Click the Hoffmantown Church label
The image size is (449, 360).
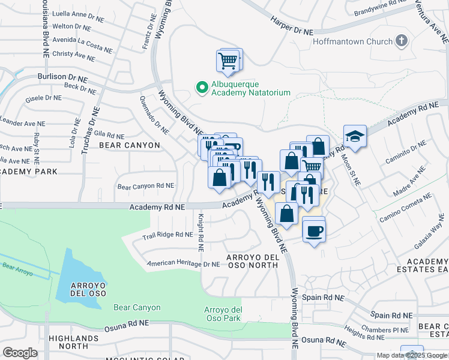click(352, 42)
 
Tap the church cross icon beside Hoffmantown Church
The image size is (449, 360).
click(402, 42)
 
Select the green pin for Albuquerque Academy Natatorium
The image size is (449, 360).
click(202, 88)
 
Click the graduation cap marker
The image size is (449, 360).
click(355, 136)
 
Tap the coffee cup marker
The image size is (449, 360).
click(313, 230)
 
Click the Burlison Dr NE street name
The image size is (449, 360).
click(62, 78)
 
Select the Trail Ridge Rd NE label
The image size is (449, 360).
click(167, 235)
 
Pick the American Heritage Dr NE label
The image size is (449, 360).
click(184, 263)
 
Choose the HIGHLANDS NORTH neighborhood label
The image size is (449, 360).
click(68, 342)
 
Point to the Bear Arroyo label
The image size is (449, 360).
click(17, 263)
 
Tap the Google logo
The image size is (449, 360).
click(20, 353)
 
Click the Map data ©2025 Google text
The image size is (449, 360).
click(411, 355)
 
